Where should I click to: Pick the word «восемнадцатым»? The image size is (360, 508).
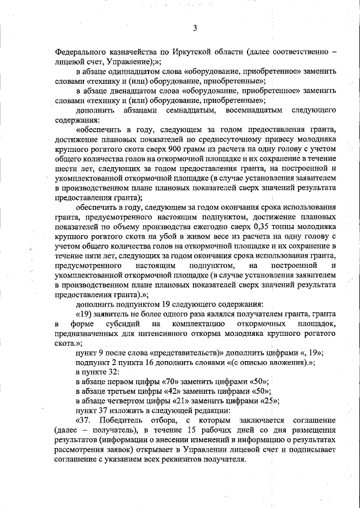click(x=246, y=109)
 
